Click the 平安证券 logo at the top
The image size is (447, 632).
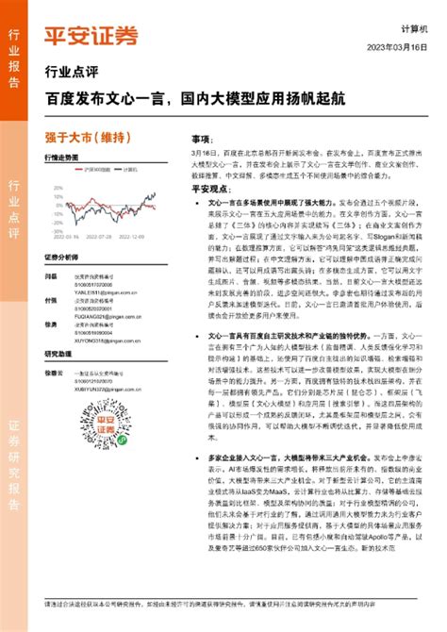(x=91, y=36)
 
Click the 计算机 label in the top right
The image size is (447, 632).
(x=415, y=28)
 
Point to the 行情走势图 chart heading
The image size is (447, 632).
(x=61, y=159)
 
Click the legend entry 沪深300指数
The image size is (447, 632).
(x=92, y=170)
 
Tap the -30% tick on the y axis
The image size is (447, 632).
(x=57, y=234)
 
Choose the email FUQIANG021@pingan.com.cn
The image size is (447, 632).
(x=101, y=318)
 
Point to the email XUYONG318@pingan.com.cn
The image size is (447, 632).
(x=100, y=342)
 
